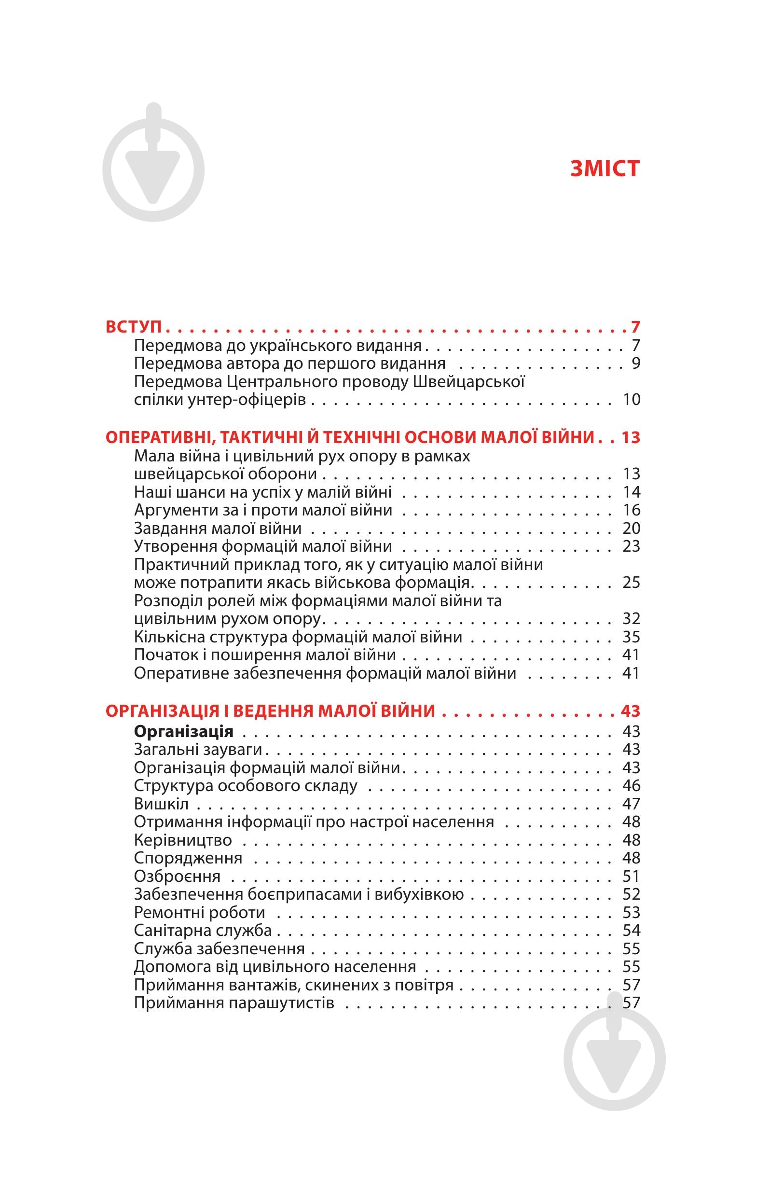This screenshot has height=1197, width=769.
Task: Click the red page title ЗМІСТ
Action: [x=604, y=168]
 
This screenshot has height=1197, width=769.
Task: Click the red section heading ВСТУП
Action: [x=134, y=327]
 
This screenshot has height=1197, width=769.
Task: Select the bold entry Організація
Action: [x=184, y=731]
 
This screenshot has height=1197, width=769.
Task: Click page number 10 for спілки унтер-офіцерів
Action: [x=631, y=400]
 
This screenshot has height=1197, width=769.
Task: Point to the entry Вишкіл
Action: [x=161, y=804]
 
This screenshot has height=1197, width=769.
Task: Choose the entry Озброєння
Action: [x=177, y=876]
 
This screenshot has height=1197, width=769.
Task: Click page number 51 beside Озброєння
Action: [x=631, y=876]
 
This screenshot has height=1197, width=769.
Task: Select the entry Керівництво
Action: [x=183, y=840]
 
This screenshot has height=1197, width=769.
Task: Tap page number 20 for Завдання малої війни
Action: [x=631, y=528]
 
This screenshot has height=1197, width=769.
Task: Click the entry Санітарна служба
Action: [x=203, y=930]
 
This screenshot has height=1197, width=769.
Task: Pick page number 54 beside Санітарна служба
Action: [x=631, y=930]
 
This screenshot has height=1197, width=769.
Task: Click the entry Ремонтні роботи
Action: [x=199, y=912]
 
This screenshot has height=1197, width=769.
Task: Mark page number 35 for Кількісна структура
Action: [x=631, y=637]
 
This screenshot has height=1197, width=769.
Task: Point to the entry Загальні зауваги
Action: [x=198, y=750]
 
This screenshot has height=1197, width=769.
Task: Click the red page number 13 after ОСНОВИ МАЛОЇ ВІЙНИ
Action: [x=630, y=437]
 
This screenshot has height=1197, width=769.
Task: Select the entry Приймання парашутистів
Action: [x=233, y=1002]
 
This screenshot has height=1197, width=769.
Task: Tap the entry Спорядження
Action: [x=188, y=858]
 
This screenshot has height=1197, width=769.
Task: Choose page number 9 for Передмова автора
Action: [x=636, y=363]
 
